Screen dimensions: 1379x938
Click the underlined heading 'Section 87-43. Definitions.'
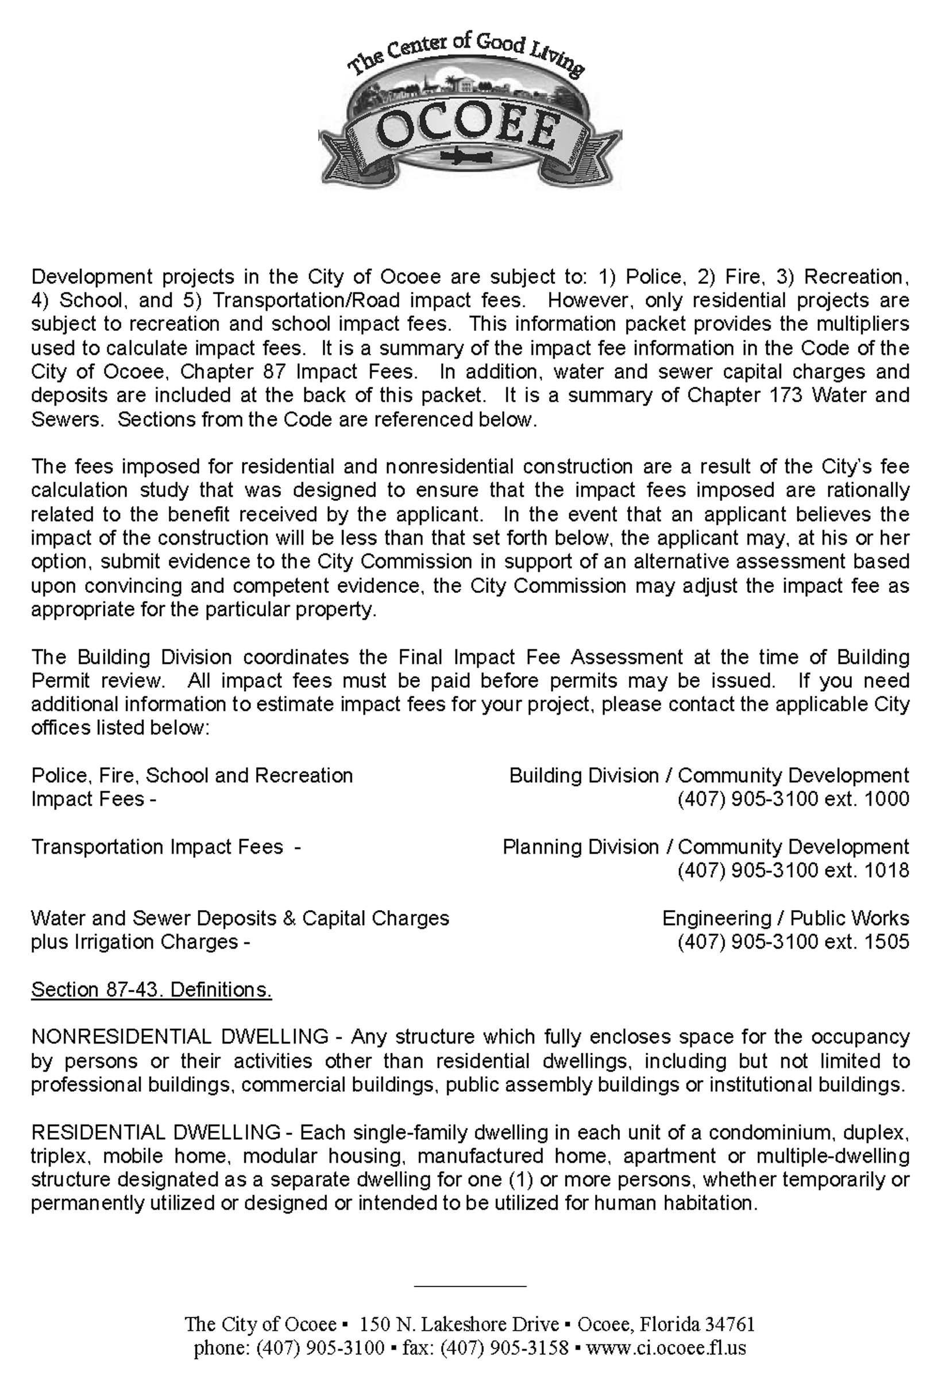point(151,990)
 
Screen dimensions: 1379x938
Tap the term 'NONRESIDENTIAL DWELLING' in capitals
point(179,1037)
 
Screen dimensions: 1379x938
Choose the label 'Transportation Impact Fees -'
point(165,847)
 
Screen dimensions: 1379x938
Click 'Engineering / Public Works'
point(786,919)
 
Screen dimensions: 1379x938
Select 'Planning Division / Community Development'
point(705,847)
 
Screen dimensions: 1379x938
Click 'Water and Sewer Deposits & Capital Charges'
point(240,919)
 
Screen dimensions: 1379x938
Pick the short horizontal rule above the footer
point(470,1286)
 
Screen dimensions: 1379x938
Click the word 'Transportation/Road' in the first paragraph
point(306,301)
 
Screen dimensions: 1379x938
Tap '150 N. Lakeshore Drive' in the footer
point(459,1324)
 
